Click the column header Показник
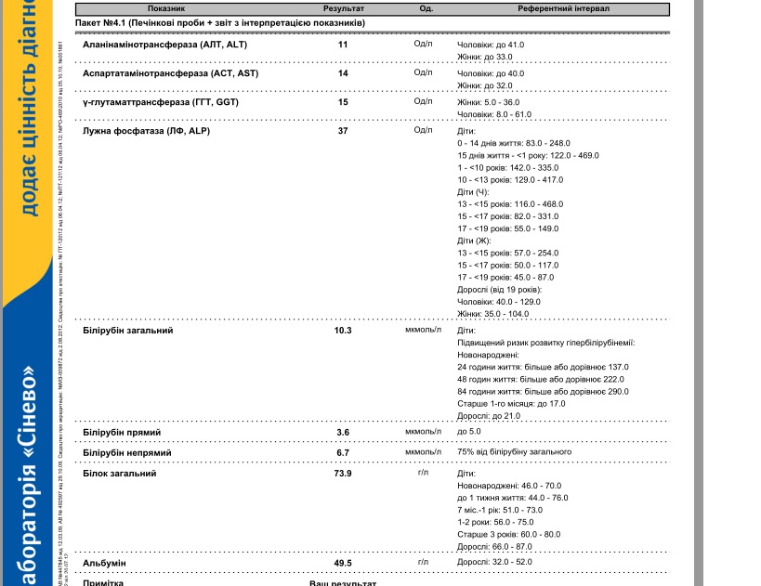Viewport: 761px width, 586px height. [x=168, y=8]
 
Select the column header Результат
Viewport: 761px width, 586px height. [x=343, y=8]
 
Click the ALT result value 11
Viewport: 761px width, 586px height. [x=343, y=45]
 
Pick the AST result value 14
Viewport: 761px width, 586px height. [x=343, y=73]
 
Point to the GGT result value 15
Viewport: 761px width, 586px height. [x=343, y=102]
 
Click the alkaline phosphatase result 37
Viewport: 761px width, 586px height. [x=343, y=131]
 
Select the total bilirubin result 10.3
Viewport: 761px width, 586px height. [x=343, y=330]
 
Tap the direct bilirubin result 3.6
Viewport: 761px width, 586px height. [x=343, y=432]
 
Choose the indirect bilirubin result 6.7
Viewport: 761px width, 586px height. [x=343, y=452]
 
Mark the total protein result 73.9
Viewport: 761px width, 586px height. [x=343, y=474]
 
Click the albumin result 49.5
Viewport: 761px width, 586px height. [x=343, y=563]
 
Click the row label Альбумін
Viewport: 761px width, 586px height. [x=104, y=563]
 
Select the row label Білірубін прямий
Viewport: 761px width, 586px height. [x=122, y=432]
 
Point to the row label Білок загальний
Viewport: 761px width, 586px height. [x=120, y=474]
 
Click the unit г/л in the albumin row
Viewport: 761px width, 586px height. [x=423, y=562]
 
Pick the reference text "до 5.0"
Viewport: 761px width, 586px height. [x=470, y=431]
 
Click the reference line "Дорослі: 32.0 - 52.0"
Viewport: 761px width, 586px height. [x=495, y=562]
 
